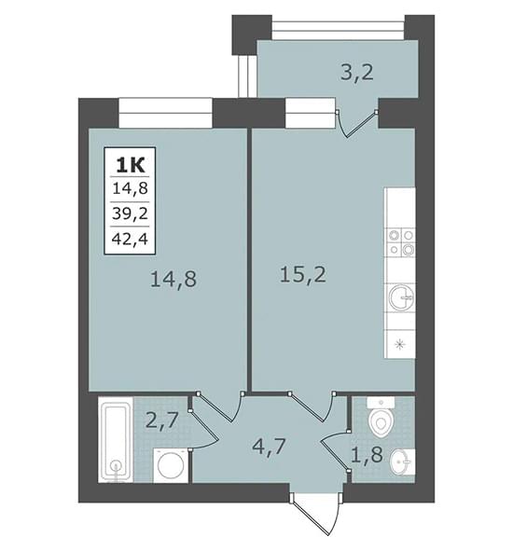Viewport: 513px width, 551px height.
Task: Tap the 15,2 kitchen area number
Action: coord(303,276)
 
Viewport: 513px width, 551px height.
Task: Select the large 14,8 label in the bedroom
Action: coord(173,280)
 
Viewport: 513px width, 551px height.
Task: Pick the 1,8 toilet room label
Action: coord(367,455)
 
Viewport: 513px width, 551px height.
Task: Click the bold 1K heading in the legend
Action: coord(131,165)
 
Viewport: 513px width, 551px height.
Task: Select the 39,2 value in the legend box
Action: coord(130,214)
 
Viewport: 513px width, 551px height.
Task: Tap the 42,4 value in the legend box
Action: coord(130,239)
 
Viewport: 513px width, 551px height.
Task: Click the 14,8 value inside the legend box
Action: coord(130,188)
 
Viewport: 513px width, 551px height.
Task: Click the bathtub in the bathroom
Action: coord(116,440)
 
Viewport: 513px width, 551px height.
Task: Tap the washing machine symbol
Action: coord(171,465)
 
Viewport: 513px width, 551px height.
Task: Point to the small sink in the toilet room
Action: coord(402,461)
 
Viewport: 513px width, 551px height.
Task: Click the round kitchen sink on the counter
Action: coord(401,297)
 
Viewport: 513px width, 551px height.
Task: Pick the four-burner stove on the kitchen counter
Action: coord(401,242)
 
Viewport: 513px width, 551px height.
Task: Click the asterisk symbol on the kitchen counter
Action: coord(399,345)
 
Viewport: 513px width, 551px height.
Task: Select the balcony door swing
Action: coord(357,123)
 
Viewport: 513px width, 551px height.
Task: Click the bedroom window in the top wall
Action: coord(166,113)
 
